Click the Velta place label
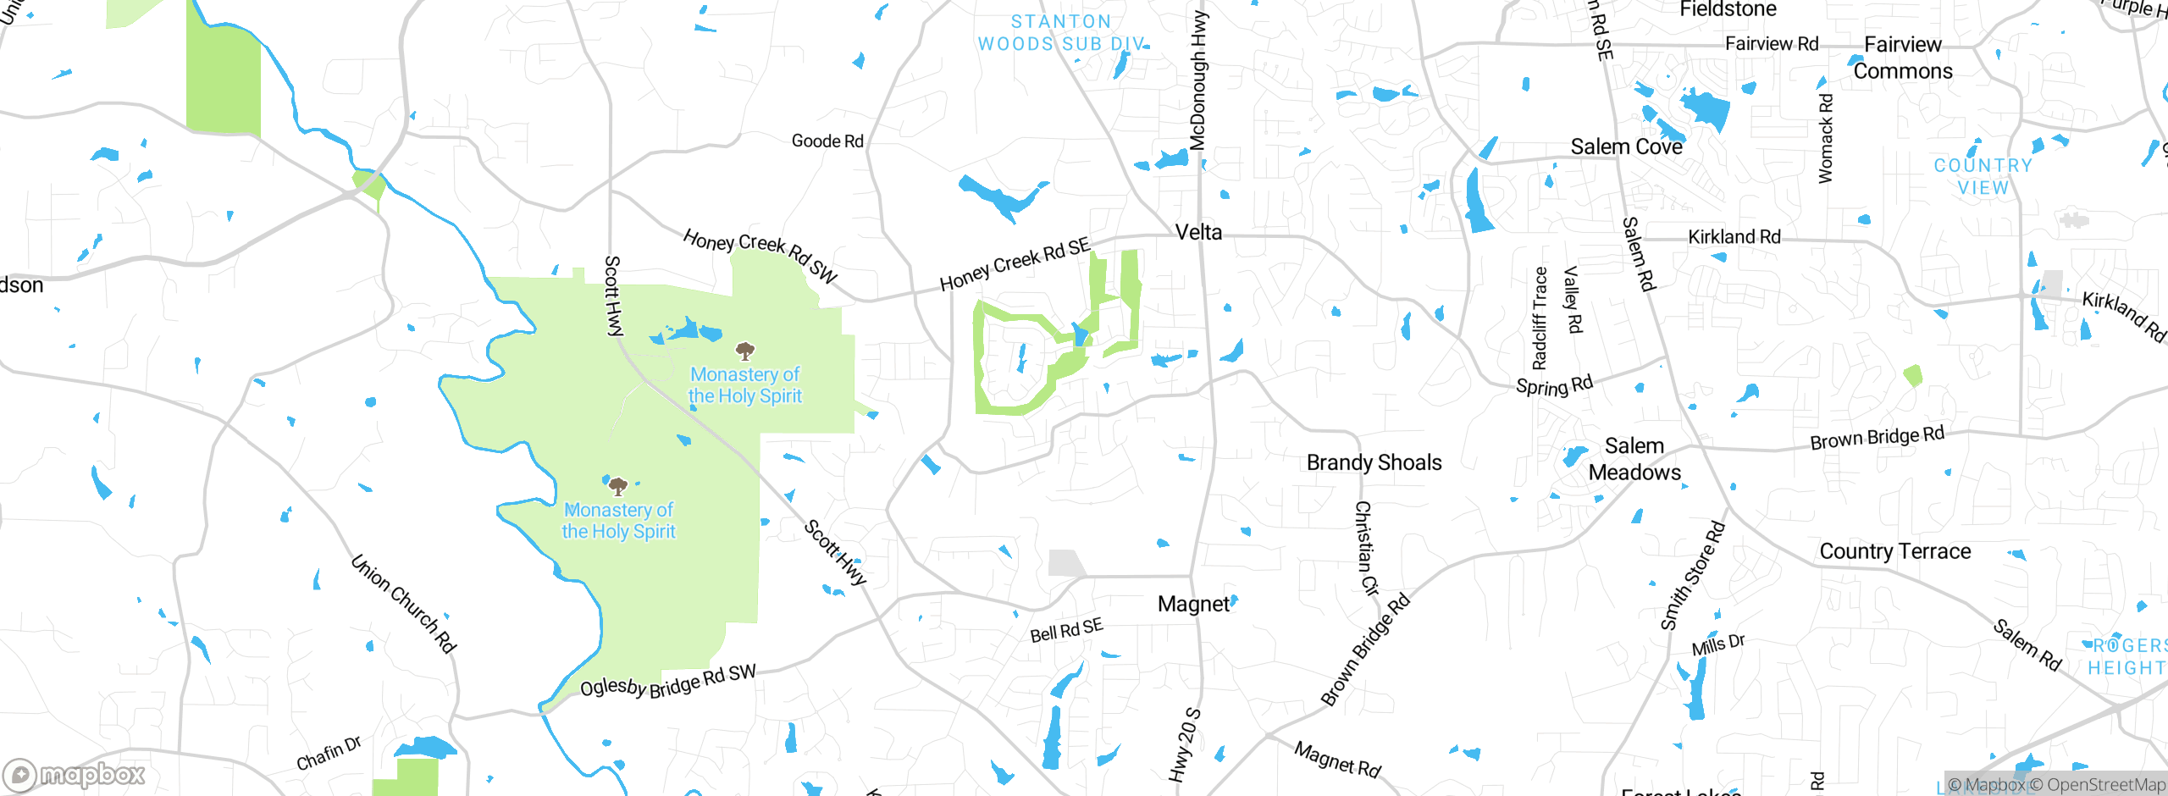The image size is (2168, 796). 1198,232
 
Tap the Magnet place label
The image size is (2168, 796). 1193,604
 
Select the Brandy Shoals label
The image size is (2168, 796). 1374,462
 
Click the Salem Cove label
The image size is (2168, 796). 1626,146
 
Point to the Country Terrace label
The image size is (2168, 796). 1894,551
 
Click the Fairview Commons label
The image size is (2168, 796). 1903,58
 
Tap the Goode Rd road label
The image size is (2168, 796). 827,141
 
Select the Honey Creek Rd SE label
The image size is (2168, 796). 1015,264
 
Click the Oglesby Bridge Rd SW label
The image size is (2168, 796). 667,682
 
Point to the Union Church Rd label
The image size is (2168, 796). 404,603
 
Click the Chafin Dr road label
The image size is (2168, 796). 329,753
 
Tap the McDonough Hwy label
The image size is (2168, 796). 1198,80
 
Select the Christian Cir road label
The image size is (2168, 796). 1366,548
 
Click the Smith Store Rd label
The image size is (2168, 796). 1692,576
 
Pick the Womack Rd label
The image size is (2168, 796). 1826,138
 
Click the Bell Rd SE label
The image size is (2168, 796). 1066,630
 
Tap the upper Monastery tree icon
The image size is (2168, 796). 744,350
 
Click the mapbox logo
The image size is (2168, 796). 75,774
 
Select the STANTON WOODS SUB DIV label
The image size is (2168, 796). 1062,33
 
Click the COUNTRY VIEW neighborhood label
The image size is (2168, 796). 1983,176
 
